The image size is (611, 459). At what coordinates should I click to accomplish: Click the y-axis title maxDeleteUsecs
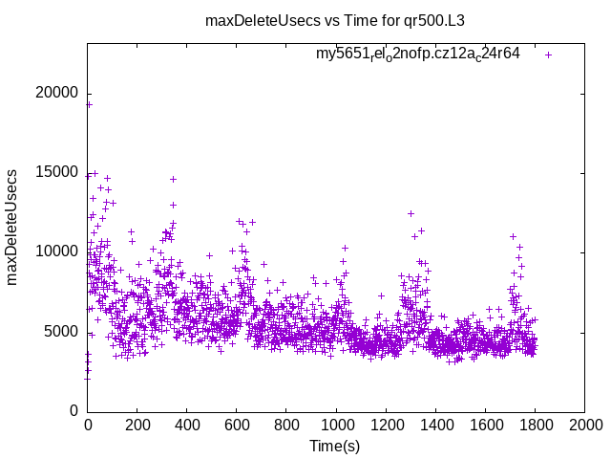point(12,227)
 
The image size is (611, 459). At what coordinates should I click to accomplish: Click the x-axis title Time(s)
point(335,446)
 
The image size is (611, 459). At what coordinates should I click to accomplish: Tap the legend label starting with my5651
point(418,54)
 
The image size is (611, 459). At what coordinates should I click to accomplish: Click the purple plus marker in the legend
point(548,55)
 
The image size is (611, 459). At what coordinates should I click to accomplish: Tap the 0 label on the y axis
point(74,410)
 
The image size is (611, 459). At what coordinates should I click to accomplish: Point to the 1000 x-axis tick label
point(336,426)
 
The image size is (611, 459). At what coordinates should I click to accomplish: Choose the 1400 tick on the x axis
point(435,426)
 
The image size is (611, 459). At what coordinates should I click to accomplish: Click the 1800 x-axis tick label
point(535,426)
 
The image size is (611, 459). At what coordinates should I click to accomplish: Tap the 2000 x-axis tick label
point(584,426)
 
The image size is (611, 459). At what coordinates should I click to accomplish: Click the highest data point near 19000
point(89,104)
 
